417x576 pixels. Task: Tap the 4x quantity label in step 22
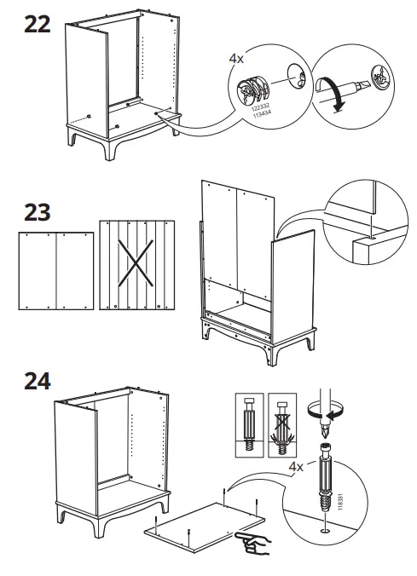pyautogui.click(x=236, y=60)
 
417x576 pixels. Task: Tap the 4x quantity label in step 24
pyautogui.click(x=296, y=467)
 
